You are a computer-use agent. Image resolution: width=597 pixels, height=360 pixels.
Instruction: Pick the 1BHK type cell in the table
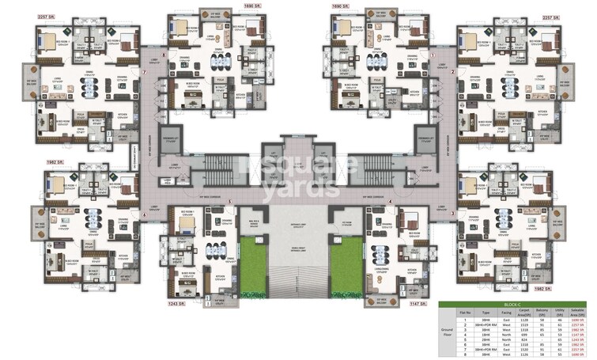(474, 334)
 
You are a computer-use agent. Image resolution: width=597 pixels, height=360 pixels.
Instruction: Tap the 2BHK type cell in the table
(474, 339)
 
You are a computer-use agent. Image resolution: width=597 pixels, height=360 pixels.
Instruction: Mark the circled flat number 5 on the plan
(229, 202)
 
